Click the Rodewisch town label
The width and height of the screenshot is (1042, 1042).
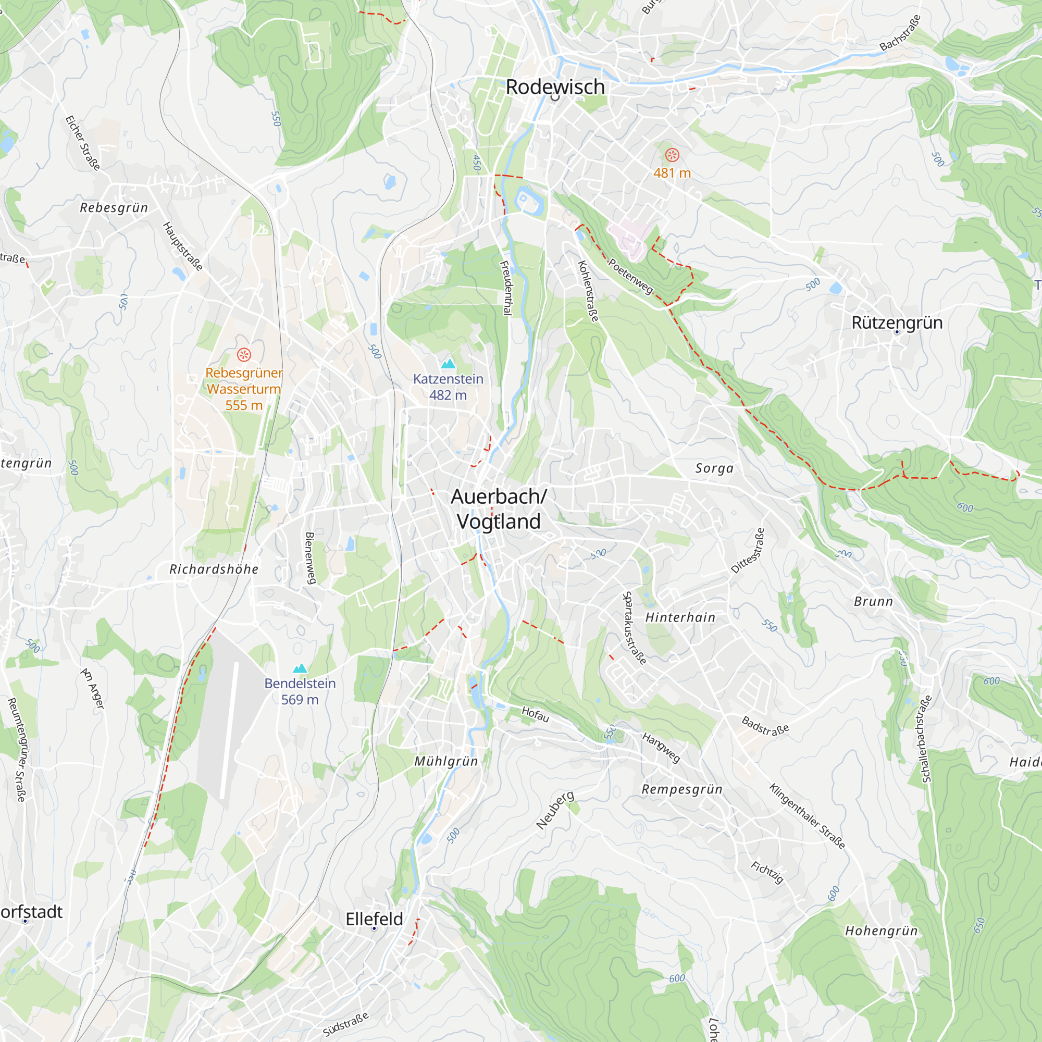(x=555, y=87)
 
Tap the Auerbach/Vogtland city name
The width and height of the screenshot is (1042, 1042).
(x=499, y=508)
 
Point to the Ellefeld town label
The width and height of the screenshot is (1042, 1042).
(x=374, y=919)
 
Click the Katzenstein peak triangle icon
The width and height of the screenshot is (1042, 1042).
(x=448, y=364)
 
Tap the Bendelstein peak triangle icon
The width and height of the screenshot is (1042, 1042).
(x=300, y=668)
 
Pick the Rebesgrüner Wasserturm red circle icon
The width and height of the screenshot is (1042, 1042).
(x=244, y=354)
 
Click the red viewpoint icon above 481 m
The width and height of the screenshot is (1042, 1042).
(x=672, y=155)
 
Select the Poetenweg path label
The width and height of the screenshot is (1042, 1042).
(x=630, y=276)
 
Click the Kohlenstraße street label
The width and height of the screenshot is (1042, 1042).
(x=588, y=291)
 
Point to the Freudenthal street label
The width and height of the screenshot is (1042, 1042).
(x=506, y=288)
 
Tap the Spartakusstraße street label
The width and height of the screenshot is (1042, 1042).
(x=634, y=628)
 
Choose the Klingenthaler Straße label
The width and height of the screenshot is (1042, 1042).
(x=807, y=816)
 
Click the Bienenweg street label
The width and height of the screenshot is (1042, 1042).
(x=310, y=557)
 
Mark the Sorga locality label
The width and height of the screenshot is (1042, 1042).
(x=714, y=468)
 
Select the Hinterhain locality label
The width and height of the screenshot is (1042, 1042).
(x=680, y=617)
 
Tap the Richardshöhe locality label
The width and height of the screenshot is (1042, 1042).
(x=214, y=569)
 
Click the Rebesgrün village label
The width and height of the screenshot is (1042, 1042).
(x=114, y=208)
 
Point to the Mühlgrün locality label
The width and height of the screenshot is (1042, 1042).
(x=446, y=761)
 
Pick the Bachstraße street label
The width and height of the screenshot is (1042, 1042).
(x=900, y=33)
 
